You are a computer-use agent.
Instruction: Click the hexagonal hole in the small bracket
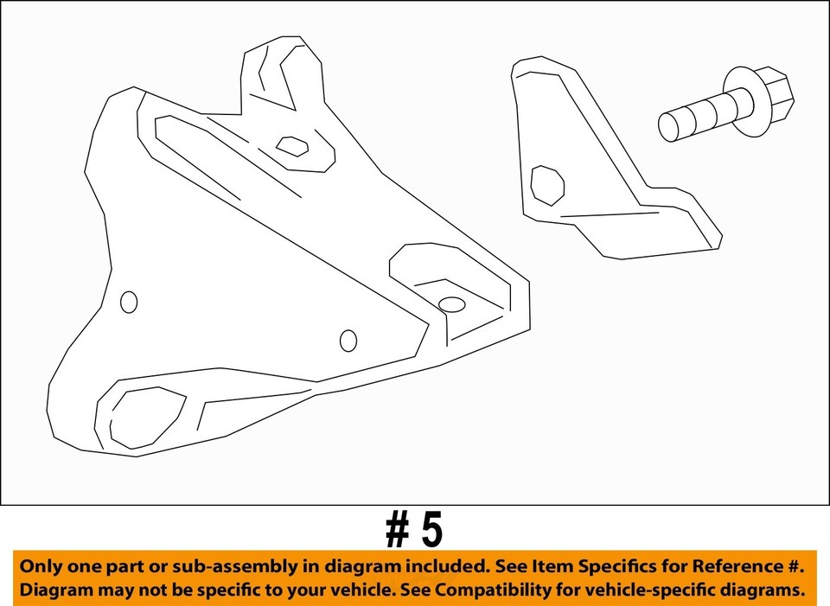click(x=546, y=185)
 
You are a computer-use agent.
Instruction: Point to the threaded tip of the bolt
click(x=669, y=126)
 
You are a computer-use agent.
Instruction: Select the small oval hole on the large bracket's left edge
click(x=129, y=302)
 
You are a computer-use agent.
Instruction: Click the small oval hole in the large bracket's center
click(x=348, y=341)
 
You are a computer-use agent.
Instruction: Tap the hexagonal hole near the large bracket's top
click(x=292, y=145)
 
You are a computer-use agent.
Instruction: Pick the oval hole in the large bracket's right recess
click(x=452, y=303)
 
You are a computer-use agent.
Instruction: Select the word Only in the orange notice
click(x=40, y=567)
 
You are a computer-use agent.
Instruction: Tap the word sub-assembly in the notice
click(x=220, y=567)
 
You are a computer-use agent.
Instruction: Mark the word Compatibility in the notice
click(x=484, y=590)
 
